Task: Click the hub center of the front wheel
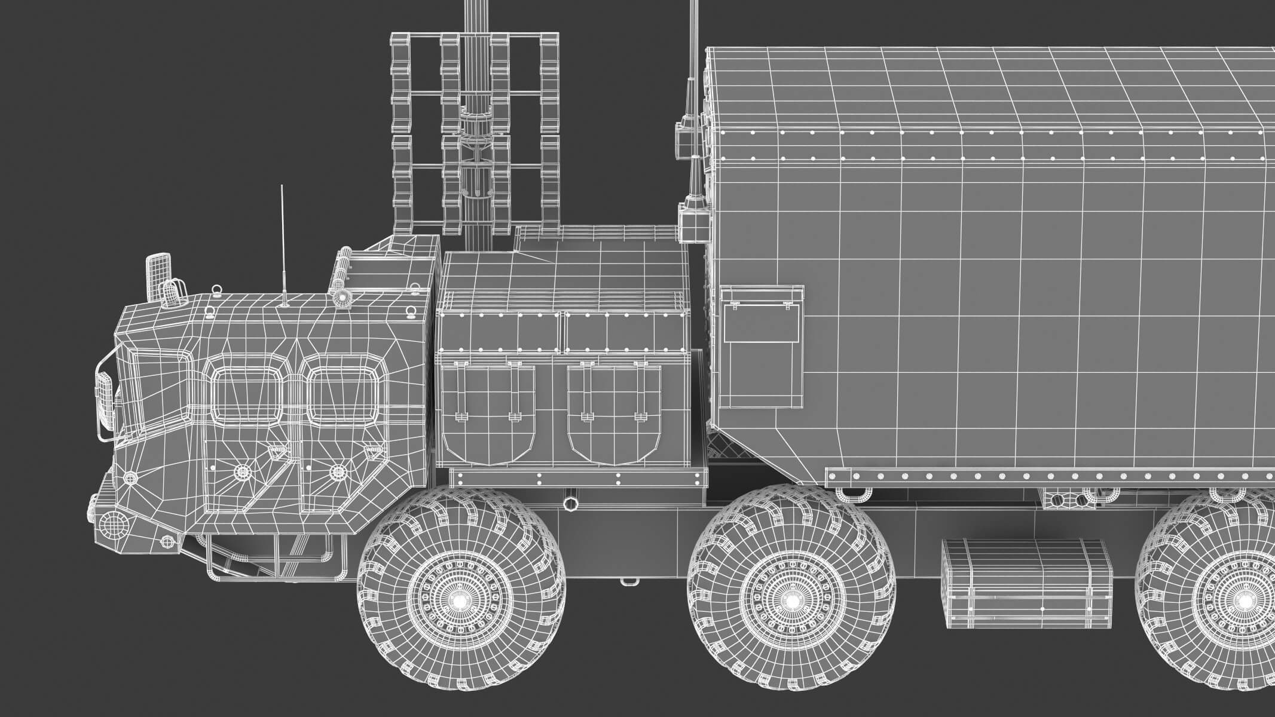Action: click(460, 600)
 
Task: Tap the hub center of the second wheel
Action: click(790, 600)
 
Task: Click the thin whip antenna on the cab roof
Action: click(282, 251)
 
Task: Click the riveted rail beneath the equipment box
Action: click(577, 479)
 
